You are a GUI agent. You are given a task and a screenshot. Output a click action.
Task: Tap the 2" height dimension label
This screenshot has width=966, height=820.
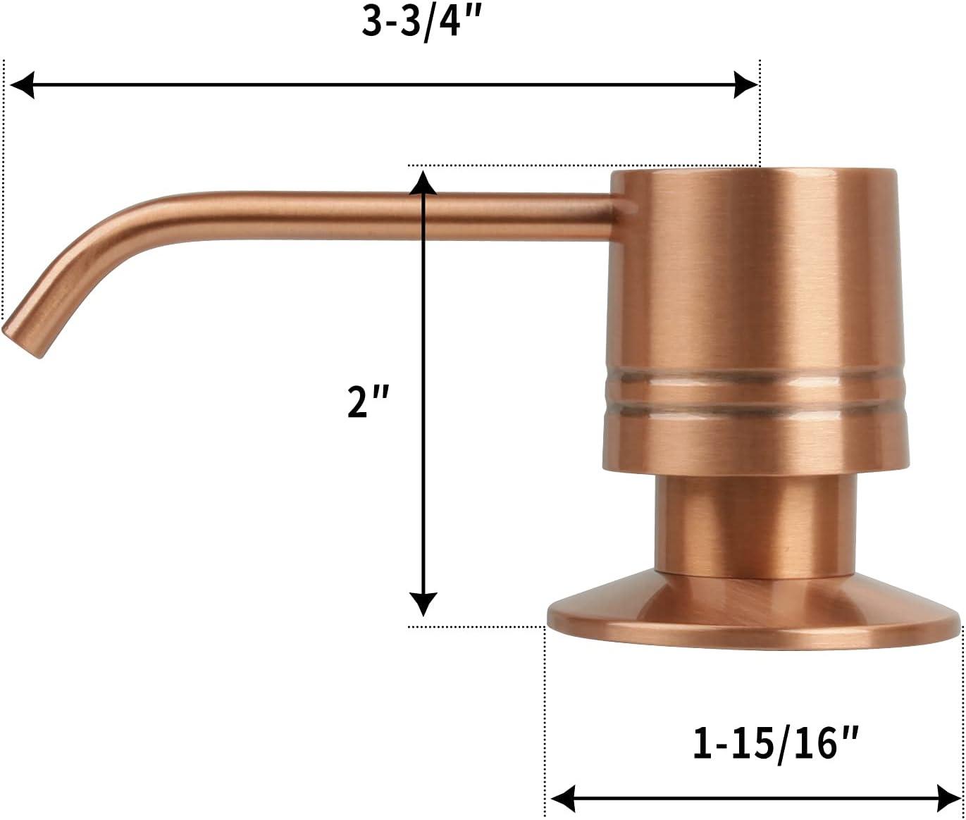coord(368,402)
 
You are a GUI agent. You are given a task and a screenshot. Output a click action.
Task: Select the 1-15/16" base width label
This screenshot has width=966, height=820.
coord(776,744)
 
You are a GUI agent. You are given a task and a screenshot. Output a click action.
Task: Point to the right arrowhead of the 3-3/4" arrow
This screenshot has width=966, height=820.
coord(745,85)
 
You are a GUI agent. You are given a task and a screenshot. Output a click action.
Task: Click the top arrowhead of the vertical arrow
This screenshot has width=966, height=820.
coord(423,182)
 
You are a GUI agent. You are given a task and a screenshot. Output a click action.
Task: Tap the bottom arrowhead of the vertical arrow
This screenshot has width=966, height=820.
coord(423,604)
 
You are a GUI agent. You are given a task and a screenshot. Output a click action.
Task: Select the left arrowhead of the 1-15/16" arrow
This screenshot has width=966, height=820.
coord(562,799)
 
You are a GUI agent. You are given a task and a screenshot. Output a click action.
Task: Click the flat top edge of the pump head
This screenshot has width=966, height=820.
coord(754,170)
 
